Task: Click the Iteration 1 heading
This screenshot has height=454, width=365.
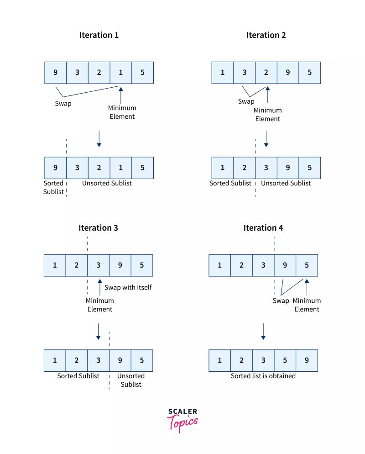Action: (99, 35)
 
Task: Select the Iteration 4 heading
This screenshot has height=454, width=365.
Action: (263, 227)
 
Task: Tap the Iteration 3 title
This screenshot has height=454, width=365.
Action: (98, 227)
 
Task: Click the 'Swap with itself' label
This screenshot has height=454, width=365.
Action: (128, 287)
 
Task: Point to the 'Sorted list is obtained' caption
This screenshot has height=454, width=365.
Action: (263, 376)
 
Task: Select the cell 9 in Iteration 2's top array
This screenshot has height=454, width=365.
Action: (288, 73)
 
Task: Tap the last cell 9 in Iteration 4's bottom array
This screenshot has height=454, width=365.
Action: (307, 360)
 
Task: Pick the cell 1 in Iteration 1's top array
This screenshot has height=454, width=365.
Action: (121, 73)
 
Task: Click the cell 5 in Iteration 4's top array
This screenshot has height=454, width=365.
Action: (307, 265)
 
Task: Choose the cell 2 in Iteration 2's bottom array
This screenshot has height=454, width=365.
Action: (245, 168)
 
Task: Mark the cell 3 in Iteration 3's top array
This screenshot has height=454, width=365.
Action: (99, 265)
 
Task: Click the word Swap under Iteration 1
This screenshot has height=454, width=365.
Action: (63, 104)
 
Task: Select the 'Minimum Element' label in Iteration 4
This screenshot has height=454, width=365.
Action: (307, 305)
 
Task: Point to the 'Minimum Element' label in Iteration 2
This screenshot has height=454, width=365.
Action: (268, 115)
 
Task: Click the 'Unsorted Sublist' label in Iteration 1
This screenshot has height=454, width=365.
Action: (107, 183)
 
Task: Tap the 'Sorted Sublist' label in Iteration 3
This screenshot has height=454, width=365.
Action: (78, 376)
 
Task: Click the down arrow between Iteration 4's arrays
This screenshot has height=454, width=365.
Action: (263, 332)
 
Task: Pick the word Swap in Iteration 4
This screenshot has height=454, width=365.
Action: (281, 301)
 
